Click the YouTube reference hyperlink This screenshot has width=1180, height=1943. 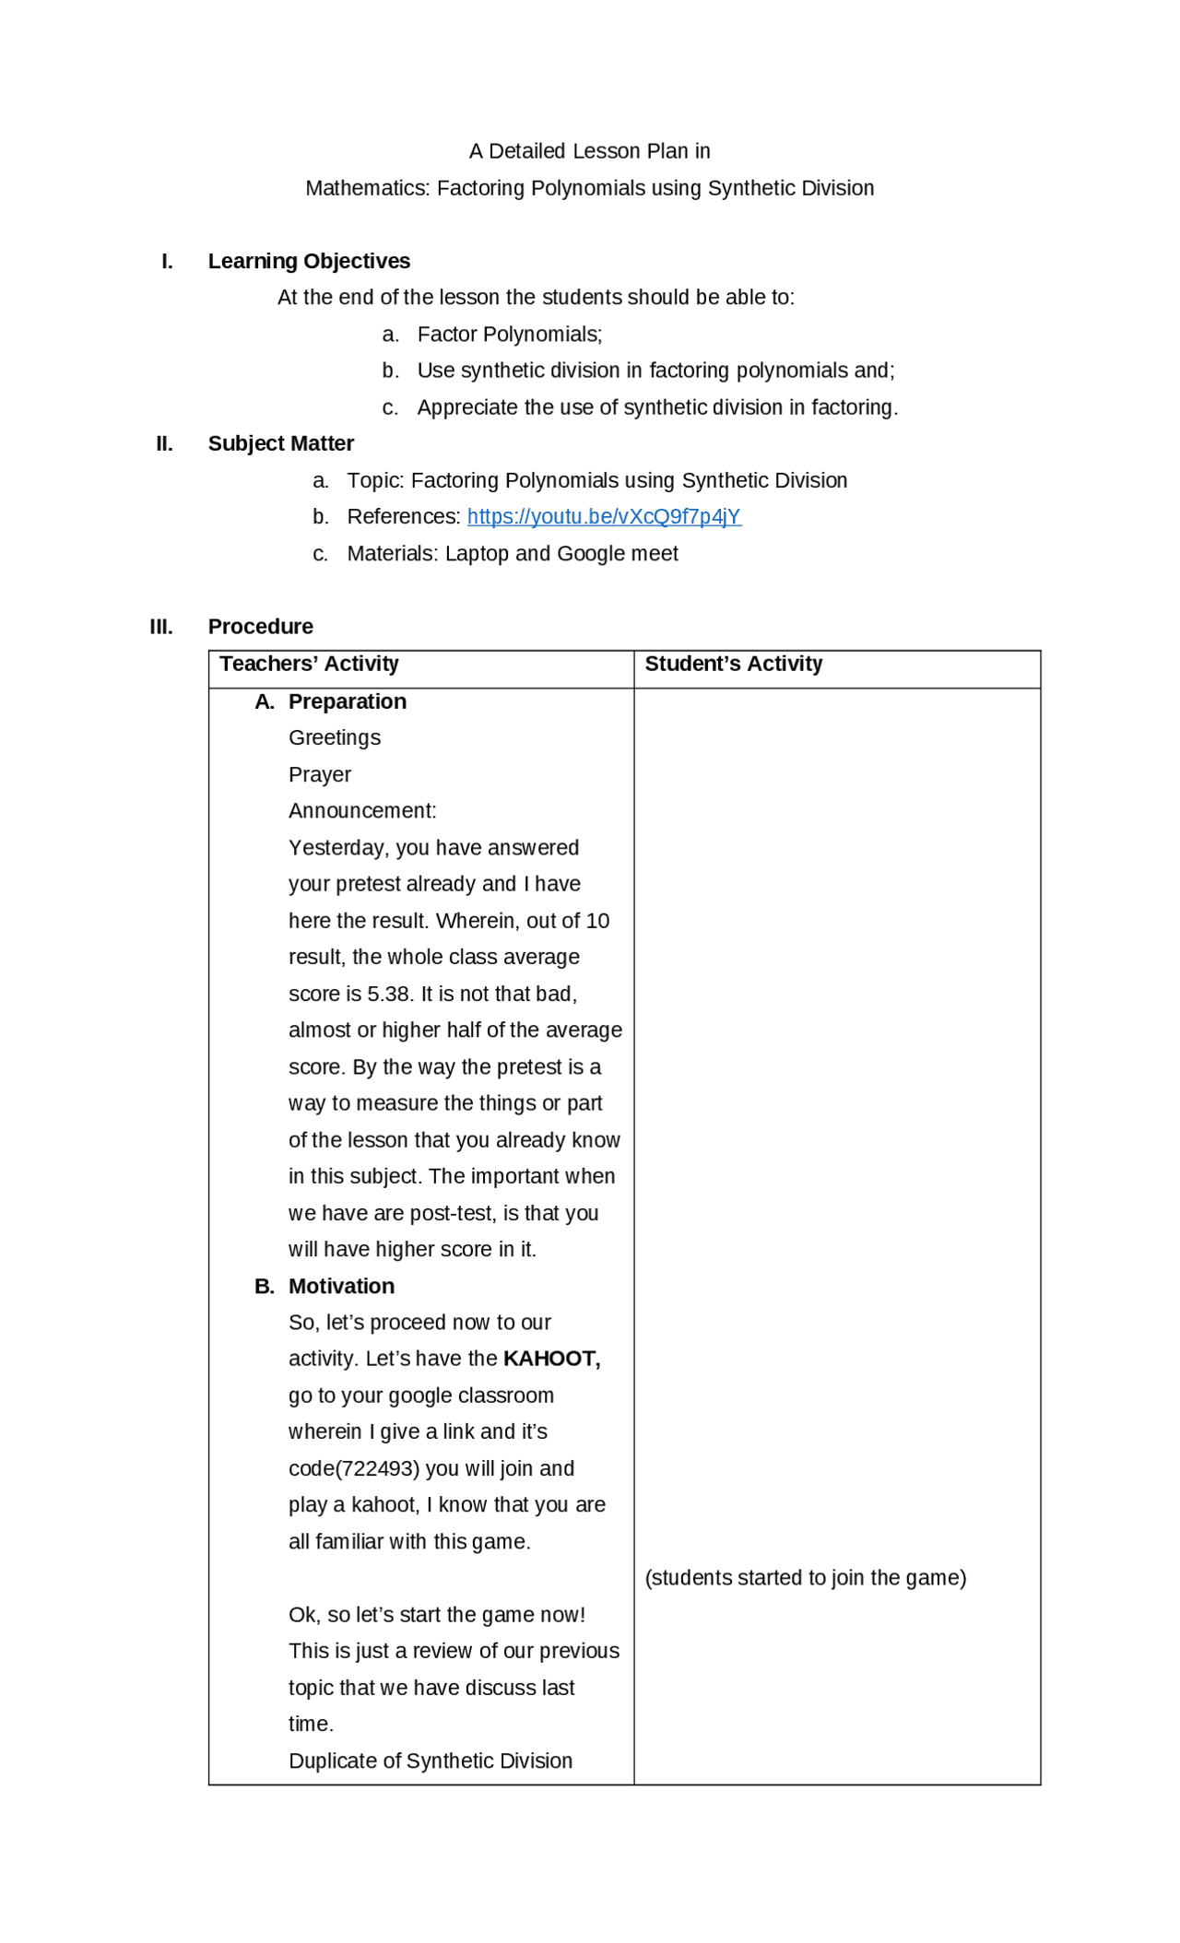click(x=604, y=517)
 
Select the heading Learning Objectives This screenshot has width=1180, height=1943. click(x=309, y=262)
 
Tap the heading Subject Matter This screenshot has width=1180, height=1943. click(x=280, y=444)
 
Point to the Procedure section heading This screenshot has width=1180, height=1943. click(x=260, y=627)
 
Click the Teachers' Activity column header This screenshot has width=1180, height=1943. click(x=309, y=665)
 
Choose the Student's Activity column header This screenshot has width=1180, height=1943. click(x=733, y=665)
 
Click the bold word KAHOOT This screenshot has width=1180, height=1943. click(x=550, y=1360)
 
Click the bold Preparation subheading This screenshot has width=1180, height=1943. click(x=347, y=702)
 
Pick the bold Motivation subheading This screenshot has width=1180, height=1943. click(x=341, y=1287)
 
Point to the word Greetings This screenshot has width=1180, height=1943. click(x=334, y=738)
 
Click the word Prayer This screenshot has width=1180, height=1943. click(x=319, y=775)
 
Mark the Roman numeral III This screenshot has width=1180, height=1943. click(x=161, y=628)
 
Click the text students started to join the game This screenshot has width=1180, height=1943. click(x=805, y=1579)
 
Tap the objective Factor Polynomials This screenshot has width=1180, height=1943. click(x=509, y=335)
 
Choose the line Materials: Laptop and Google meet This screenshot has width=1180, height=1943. click(x=512, y=554)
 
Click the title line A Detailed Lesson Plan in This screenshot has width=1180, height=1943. click(x=589, y=151)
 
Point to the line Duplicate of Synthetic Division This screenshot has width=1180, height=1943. click(x=430, y=1761)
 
